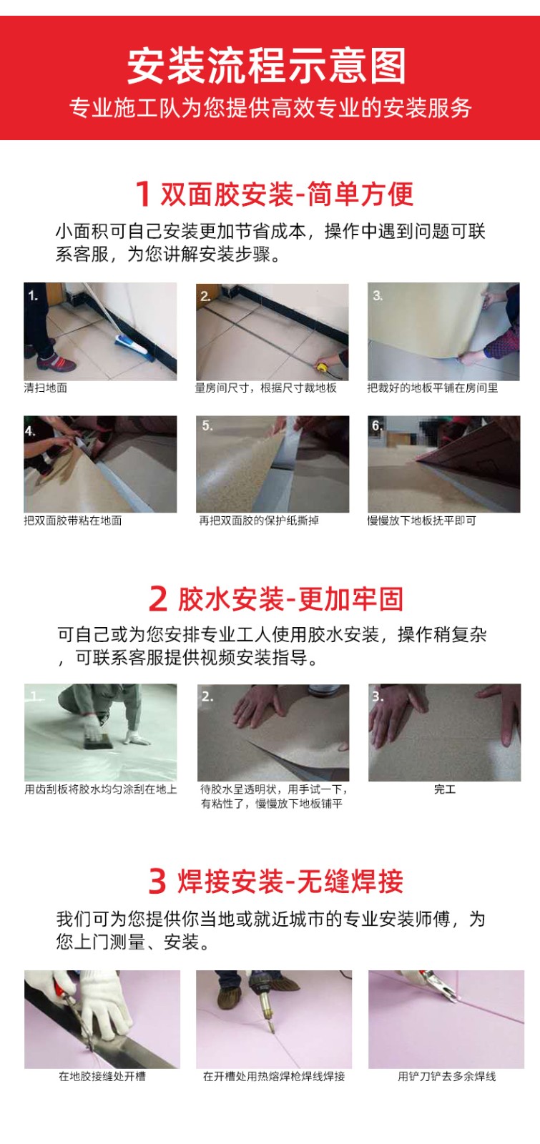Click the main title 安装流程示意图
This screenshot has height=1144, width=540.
[266, 66]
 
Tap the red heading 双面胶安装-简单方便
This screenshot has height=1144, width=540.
[287, 194]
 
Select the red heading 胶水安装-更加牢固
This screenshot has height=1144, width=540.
[290, 598]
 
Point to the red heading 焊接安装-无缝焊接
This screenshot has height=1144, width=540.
[290, 881]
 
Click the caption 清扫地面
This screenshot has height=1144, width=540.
[46, 388]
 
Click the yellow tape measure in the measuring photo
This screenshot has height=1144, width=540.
[323, 367]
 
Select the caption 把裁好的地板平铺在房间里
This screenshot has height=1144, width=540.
[432, 388]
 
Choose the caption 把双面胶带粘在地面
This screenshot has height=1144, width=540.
[73, 521]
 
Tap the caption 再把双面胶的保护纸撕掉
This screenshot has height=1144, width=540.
[259, 521]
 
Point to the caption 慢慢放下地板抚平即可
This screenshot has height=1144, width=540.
[421, 521]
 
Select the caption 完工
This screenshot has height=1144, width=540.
[444, 789]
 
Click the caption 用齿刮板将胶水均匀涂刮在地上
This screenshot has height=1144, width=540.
[101, 789]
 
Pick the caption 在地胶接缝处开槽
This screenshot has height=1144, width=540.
[102, 1077]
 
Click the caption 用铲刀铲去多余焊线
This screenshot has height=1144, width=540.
[446, 1077]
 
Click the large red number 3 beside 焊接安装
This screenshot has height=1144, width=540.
[157, 882]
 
